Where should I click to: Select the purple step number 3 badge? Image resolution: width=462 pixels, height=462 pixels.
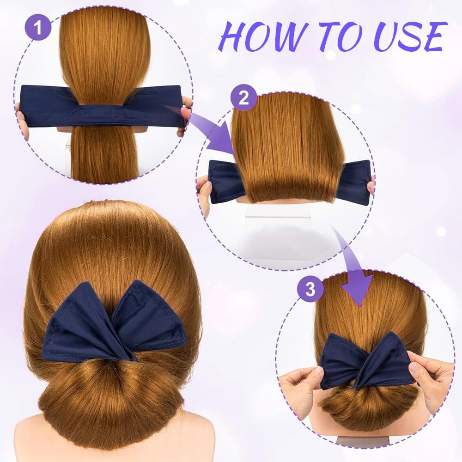(310, 290)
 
